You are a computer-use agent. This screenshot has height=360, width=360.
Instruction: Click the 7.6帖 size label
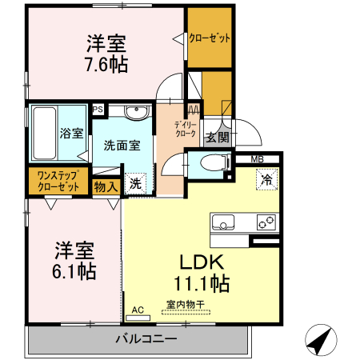pyautogui.click(x=107, y=64)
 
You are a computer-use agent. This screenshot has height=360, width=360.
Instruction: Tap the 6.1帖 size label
pyautogui.click(x=75, y=270)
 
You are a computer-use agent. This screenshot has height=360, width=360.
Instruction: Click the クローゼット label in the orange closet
pyautogui.click(x=210, y=37)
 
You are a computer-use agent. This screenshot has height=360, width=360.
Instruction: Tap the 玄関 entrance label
pyautogui.click(x=217, y=137)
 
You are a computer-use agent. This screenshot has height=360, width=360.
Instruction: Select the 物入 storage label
pyautogui.click(x=106, y=186)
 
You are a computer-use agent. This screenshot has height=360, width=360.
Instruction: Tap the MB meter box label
pyautogui.click(x=256, y=158)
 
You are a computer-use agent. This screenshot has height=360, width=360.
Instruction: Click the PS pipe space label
pyautogui.click(x=98, y=110)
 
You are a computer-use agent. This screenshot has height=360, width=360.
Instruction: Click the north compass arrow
pyautogui.click(x=322, y=341)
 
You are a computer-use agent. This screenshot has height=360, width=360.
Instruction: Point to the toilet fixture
pyautogui.click(x=213, y=164)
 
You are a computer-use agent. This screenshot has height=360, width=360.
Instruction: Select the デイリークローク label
pyautogui.click(x=180, y=129)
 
